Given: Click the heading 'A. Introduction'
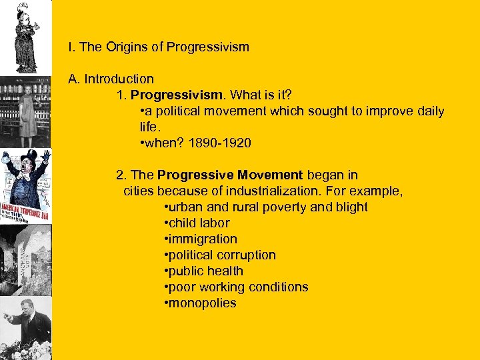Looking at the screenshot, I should click(x=111, y=79).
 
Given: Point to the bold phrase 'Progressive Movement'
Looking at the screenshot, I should click(x=230, y=175).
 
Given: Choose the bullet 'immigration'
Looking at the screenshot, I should click(x=201, y=239).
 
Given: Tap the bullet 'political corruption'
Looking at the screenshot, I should click(x=221, y=255).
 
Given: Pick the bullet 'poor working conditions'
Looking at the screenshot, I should click(x=237, y=287).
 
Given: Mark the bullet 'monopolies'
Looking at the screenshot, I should click(x=201, y=303).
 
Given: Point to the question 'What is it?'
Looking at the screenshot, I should click(x=255, y=95).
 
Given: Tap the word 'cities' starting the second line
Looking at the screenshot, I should click(x=139, y=191).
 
